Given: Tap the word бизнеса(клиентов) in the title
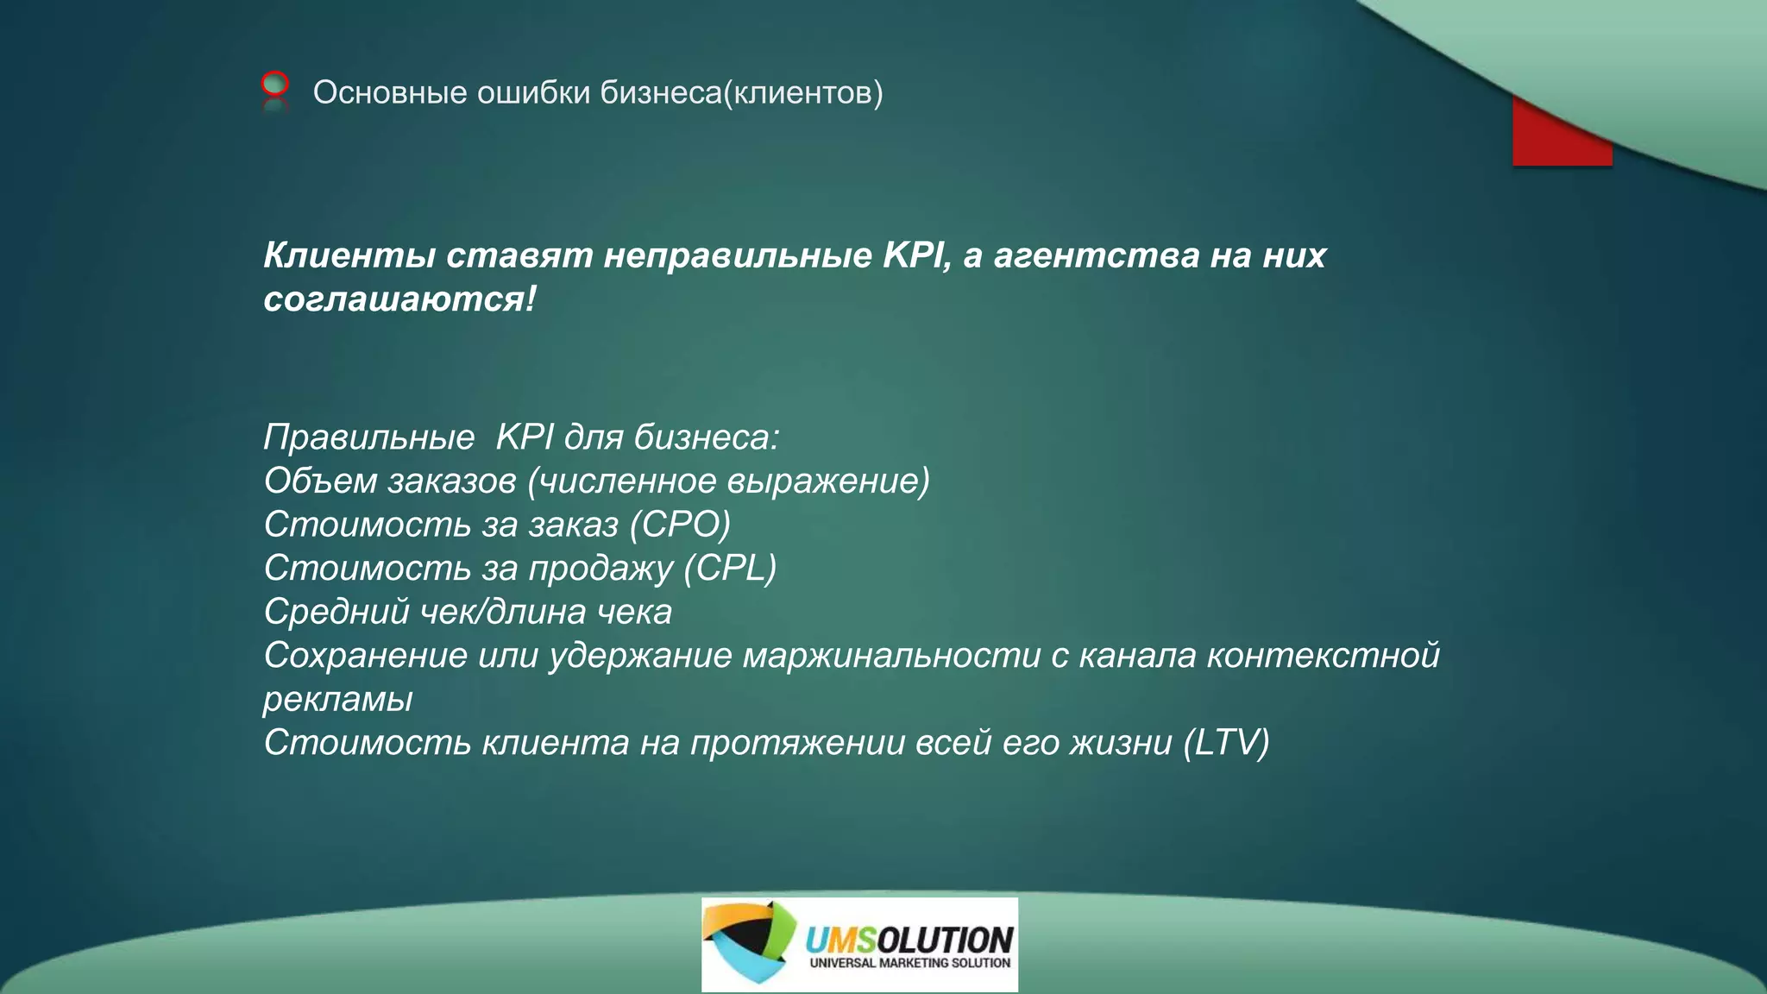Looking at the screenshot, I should (741, 92).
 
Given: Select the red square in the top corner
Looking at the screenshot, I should (1562, 138).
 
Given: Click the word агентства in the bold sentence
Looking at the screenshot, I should (1096, 255).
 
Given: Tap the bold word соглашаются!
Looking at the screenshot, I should (399, 299).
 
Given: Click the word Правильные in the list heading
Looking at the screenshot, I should (369, 437).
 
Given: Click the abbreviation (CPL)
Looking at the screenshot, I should (730, 568).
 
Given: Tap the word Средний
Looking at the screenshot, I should (336, 612).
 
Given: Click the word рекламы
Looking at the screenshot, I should (338, 700).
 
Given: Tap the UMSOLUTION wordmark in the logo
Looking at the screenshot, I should (909, 939).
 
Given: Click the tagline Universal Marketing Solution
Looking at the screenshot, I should (909, 963).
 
